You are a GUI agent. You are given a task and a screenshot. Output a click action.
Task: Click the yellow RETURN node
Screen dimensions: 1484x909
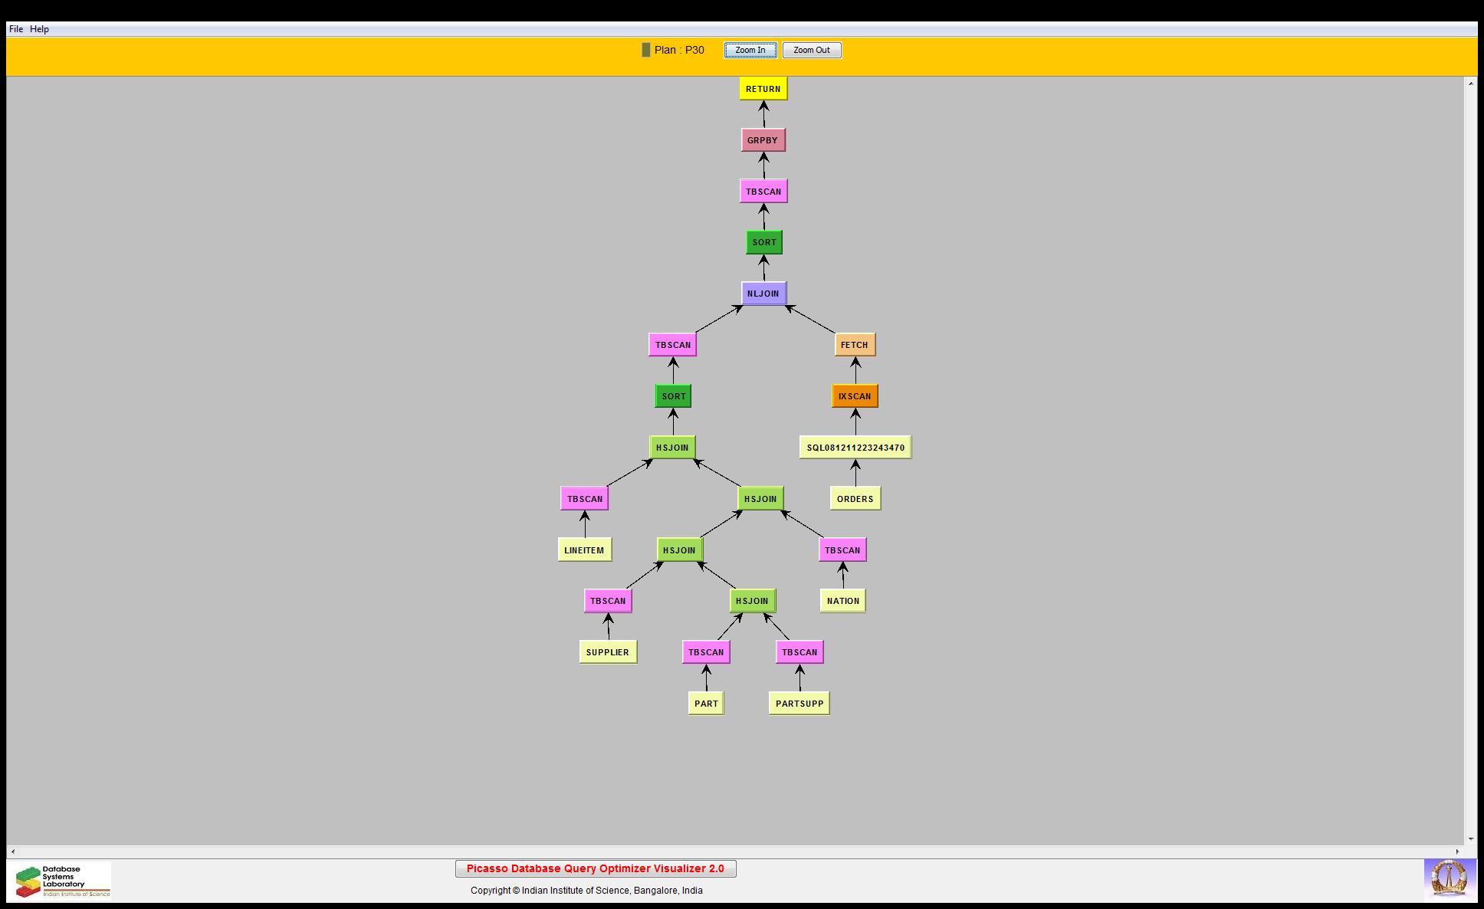[x=763, y=89]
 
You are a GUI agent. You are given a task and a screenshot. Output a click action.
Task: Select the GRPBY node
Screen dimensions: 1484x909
[x=763, y=140]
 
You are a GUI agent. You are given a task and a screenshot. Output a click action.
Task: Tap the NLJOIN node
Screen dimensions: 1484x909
[x=763, y=294]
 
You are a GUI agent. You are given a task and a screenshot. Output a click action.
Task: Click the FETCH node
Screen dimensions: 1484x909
[x=855, y=345]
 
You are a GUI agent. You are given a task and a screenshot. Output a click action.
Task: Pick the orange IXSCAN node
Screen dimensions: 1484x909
[x=855, y=396]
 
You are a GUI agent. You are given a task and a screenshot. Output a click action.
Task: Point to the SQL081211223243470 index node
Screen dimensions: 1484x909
[x=855, y=448]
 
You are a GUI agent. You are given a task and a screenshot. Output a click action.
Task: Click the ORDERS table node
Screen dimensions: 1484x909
[x=855, y=499]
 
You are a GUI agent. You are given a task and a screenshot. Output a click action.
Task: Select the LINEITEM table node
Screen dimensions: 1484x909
[x=585, y=550]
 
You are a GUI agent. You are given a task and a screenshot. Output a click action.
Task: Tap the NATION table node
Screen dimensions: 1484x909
[x=843, y=601]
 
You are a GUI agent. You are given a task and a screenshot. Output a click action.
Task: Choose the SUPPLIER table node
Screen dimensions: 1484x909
[x=608, y=652]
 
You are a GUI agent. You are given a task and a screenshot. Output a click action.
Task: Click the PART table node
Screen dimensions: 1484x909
[x=706, y=704]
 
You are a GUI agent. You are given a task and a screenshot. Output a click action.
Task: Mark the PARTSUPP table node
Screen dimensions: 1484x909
[x=799, y=704]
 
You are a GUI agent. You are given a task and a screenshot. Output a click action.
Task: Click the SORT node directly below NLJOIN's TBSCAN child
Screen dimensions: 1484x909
[x=674, y=396]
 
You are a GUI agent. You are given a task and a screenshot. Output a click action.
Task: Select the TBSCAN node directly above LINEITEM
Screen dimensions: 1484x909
[x=585, y=499]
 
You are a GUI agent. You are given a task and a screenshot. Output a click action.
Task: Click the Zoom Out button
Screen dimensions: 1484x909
[x=812, y=51]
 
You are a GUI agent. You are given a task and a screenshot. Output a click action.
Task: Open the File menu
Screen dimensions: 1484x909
[x=16, y=29]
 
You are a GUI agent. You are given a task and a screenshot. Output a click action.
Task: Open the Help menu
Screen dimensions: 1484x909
[x=39, y=29]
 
